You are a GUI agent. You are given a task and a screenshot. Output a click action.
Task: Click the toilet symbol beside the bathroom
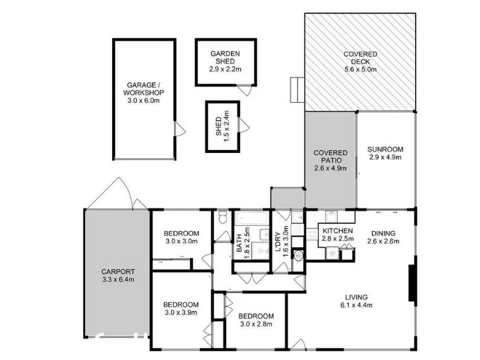coord(223,217)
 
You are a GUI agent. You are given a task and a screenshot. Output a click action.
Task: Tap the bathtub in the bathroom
coord(251,218)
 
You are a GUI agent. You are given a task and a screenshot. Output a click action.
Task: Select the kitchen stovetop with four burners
coord(311,234)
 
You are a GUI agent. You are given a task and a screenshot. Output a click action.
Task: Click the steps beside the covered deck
coord(297,89)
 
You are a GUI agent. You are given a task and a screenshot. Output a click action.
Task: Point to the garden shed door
coord(245,90)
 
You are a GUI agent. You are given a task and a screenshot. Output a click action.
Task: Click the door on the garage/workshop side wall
coord(179,129)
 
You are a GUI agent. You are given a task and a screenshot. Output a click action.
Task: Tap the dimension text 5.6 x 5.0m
coord(361,70)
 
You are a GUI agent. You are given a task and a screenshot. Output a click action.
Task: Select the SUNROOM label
coord(385,149)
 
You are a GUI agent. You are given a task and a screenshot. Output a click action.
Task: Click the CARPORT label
coord(118,272)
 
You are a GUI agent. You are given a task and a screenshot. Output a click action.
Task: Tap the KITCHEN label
coord(338,231)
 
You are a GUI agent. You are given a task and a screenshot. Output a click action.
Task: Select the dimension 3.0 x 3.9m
coord(181,313)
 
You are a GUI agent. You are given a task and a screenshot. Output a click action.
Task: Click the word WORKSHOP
coord(143,92)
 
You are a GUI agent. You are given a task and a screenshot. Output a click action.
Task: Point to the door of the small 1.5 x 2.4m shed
coord(244,125)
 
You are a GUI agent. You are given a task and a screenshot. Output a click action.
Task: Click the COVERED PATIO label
coord(331,157)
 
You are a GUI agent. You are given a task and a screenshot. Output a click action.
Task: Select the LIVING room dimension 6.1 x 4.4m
coord(356,305)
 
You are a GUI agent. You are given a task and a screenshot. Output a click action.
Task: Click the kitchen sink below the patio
coord(331,217)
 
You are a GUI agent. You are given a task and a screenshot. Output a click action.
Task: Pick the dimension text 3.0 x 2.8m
coord(256,324)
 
